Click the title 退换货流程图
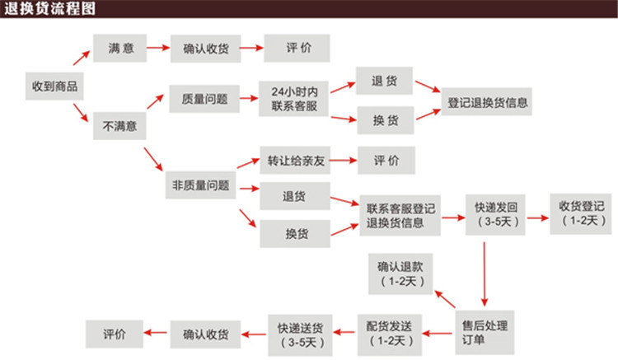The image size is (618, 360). [x=49, y=10]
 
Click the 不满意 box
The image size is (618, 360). [x=120, y=128]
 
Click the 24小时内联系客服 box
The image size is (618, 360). [x=294, y=99]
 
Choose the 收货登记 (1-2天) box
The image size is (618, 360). [x=582, y=214]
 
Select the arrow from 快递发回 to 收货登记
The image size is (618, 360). [x=537, y=217]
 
